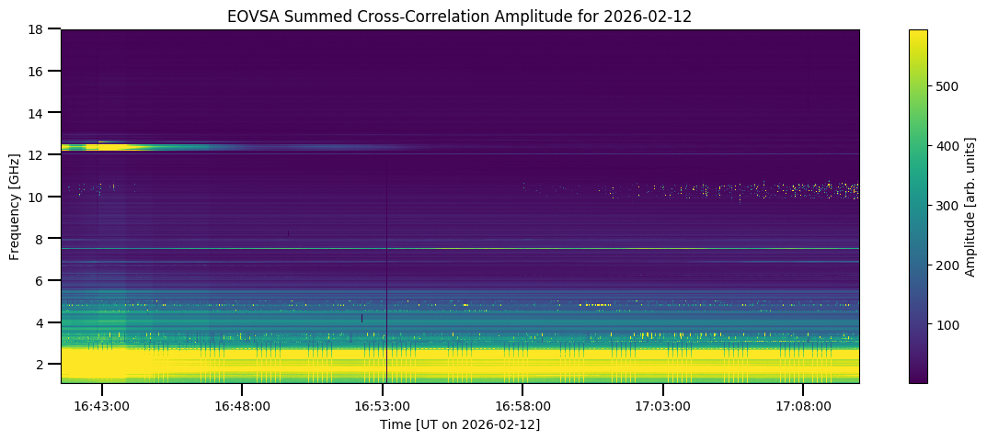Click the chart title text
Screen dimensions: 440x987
460,16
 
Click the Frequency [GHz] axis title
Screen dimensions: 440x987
15,206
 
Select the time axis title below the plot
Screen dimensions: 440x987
460,424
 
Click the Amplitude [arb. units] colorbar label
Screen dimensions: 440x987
970,206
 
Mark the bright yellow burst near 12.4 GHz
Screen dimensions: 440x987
115,146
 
